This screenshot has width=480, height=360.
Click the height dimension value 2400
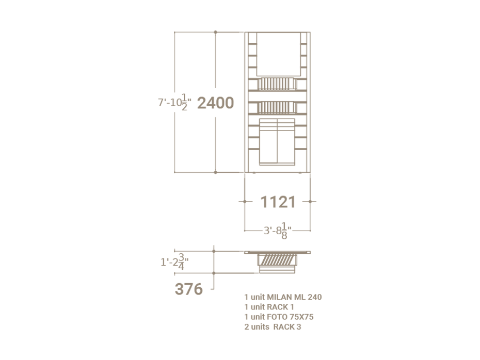pyautogui.click(x=216, y=103)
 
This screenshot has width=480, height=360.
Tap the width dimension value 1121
pyautogui.click(x=278, y=202)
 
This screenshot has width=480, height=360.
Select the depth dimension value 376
pyautogui.click(x=188, y=289)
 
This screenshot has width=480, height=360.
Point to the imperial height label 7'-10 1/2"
pyautogui.click(x=175, y=102)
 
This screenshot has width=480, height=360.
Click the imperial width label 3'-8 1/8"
pyautogui.click(x=278, y=231)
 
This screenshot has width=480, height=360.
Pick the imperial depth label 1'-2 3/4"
pyautogui.click(x=174, y=262)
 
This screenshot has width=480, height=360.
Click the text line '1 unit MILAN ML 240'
pyautogui.click(x=283, y=297)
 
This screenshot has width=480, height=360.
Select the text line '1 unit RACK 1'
pyautogui.click(x=269, y=307)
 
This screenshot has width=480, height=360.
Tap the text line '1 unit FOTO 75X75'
pyautogui.click(x=279, y=317)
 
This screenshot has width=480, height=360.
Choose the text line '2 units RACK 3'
pyautogui.click(x=273, y=327)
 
